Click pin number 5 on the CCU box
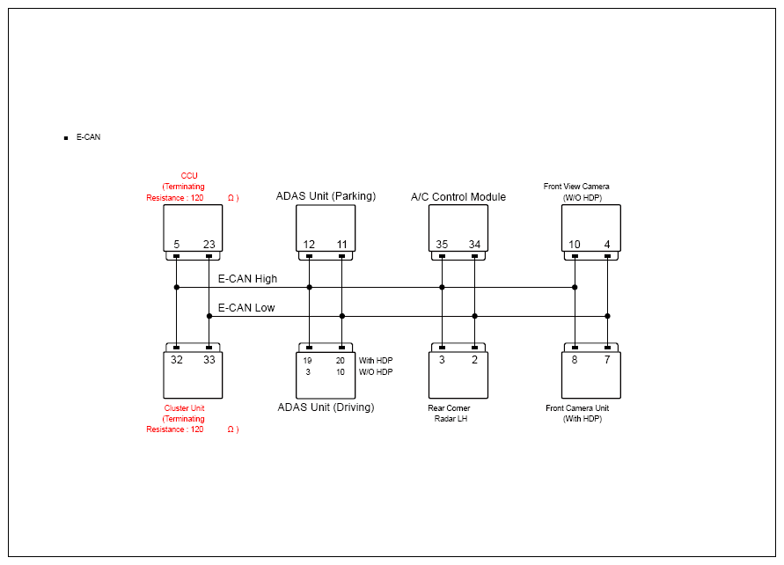point(177,245)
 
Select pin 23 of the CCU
point(209,245)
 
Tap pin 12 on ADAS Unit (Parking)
point(309,245)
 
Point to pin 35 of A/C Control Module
point(442,245)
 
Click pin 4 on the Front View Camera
point(607,245)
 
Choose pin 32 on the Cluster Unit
point(177,360)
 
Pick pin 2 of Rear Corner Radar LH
point(474,360)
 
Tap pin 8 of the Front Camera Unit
point(575,360)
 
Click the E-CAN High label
point(247,278)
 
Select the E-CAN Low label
point(246,307)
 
